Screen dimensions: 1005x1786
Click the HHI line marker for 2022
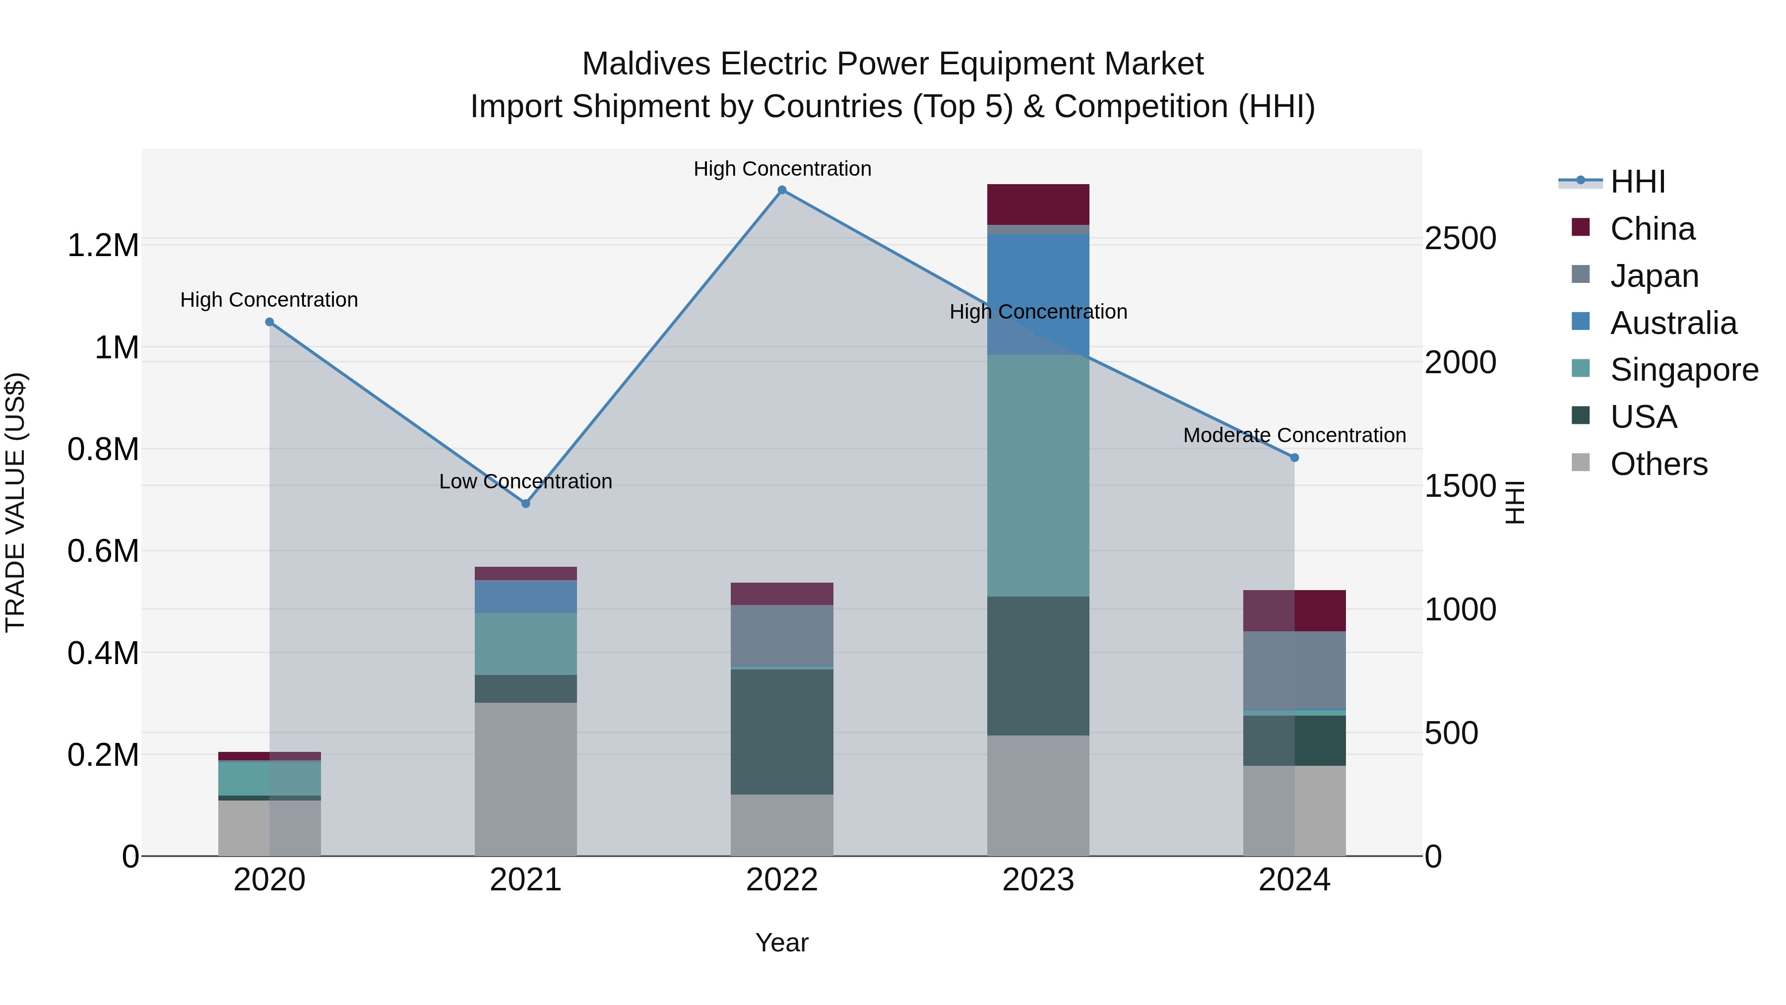(781, 190)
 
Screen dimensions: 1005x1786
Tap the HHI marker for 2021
(525, 504)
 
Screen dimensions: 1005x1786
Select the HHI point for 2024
(1294, 458)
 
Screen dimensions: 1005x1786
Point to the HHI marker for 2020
(270, 322)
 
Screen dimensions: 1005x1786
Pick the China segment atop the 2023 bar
(1038, 204)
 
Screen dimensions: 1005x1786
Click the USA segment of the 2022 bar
(781, 731)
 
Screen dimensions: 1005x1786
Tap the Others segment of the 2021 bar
(525, 778)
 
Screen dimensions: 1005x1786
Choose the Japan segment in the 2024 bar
(1294, 670)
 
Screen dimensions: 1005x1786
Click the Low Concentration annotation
(525, 481)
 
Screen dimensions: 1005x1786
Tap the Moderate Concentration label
(1294, 436)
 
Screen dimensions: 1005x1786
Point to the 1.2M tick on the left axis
(103, 246)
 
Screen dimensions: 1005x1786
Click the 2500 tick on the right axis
(1460, 239)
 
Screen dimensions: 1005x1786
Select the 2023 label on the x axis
(1038, 880)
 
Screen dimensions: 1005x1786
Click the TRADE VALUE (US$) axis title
(15, 502)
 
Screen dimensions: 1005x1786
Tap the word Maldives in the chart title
(645, 64)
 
